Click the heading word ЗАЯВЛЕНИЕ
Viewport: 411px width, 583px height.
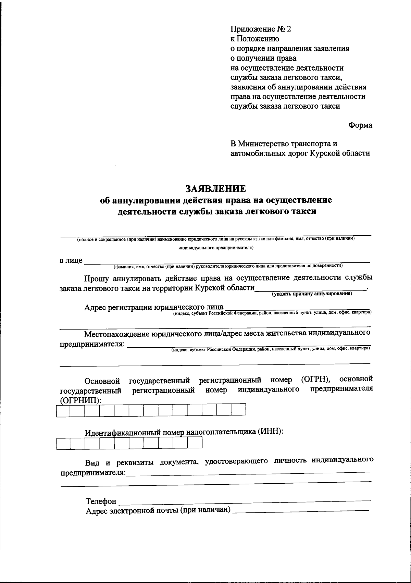click(x=215, y=189)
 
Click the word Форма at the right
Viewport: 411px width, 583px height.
click(x=360, y=125)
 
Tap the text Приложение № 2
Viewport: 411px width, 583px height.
click(x=261, y=29)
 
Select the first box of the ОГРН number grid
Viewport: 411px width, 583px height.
click(x=63, y=410)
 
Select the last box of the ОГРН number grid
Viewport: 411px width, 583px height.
click(x=239, y=410)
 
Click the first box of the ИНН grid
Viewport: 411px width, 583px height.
click(x=63, y=443)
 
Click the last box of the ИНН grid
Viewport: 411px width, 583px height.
click(x=195, y=443)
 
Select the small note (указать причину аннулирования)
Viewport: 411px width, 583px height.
click(x=312, y=294)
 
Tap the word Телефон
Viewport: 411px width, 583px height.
click(x=101, y=501)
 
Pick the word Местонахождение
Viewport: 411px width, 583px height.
click(x=116, y=333)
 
